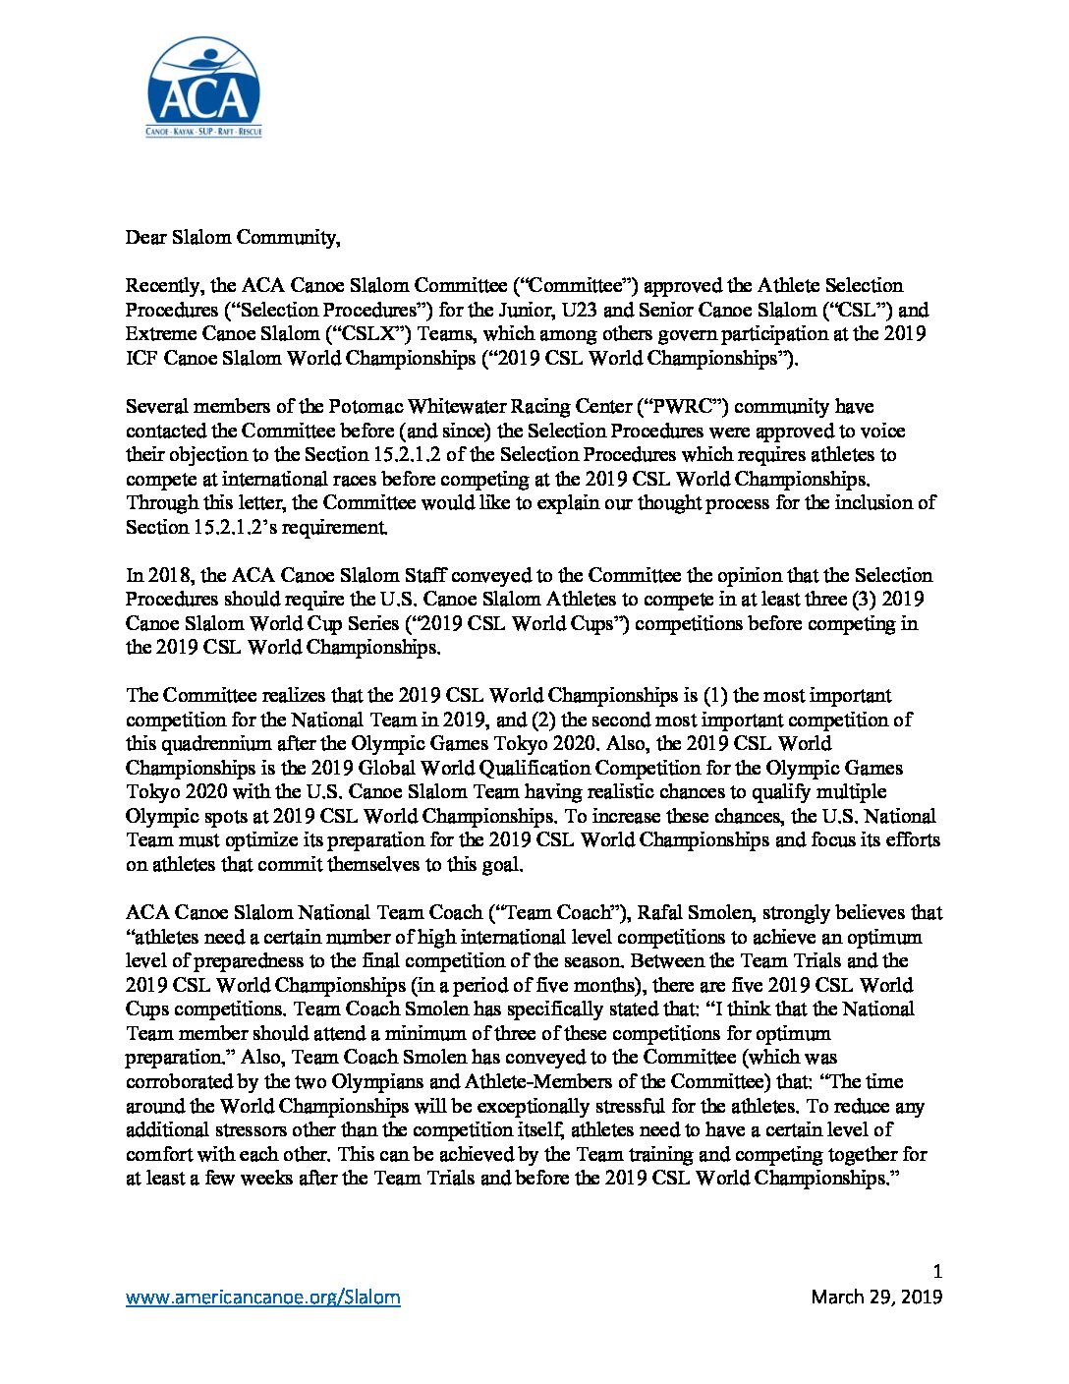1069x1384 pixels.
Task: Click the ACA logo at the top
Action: point(203,87)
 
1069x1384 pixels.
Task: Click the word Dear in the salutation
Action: point(145,237)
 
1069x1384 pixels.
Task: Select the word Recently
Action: point(164,286)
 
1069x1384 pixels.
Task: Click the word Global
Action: point(369,768)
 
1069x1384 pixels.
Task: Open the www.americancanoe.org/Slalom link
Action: point(262,1297)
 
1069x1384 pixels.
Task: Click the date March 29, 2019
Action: point(875,1297)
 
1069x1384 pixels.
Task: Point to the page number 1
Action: point(936,1272)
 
